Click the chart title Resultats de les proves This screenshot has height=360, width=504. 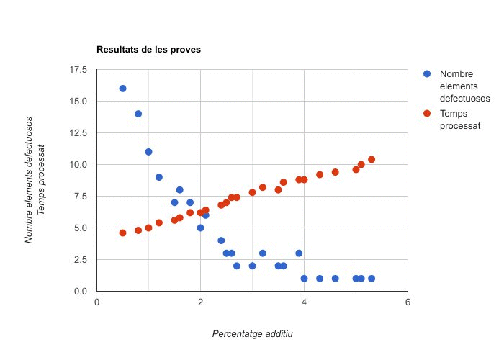click(x=148, y=50)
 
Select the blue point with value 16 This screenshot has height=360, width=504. click(x=122, y=89)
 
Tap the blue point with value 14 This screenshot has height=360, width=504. click(x=138, y=114)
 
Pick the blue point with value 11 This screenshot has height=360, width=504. click(x=148, y=152)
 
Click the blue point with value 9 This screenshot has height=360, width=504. click(x=159, y=177)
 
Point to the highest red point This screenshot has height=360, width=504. click(x=372, y=159)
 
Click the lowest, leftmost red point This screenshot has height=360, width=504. click(x=122, y=233)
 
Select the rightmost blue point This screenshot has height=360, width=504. click(x=372, y=279)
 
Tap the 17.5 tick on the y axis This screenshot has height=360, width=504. click(x=78, y=70)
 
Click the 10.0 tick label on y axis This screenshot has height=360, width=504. click(x=78, y=165)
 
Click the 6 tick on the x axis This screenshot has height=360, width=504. click(x=408, y=302)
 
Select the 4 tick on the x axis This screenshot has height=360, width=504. click(x=304, y=302)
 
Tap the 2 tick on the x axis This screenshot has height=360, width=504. click(x=200, y=302)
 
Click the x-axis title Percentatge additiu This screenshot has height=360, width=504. click(x=252, y=334)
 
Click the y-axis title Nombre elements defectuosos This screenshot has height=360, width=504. click(x=30, y=180)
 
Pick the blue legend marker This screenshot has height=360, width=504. click(x=427, y=74)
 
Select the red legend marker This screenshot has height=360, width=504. click(x=427, y=113)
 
